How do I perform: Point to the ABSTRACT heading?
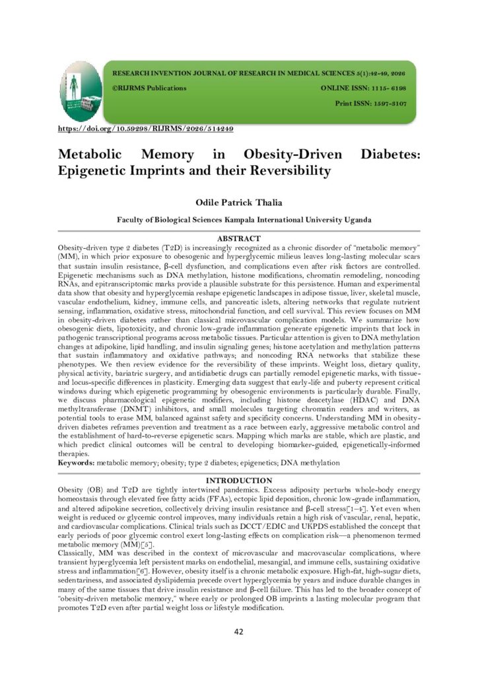point(239,238)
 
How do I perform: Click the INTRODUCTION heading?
point(239,480)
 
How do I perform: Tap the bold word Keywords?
point(76,464)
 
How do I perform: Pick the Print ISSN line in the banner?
point(371,104)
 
